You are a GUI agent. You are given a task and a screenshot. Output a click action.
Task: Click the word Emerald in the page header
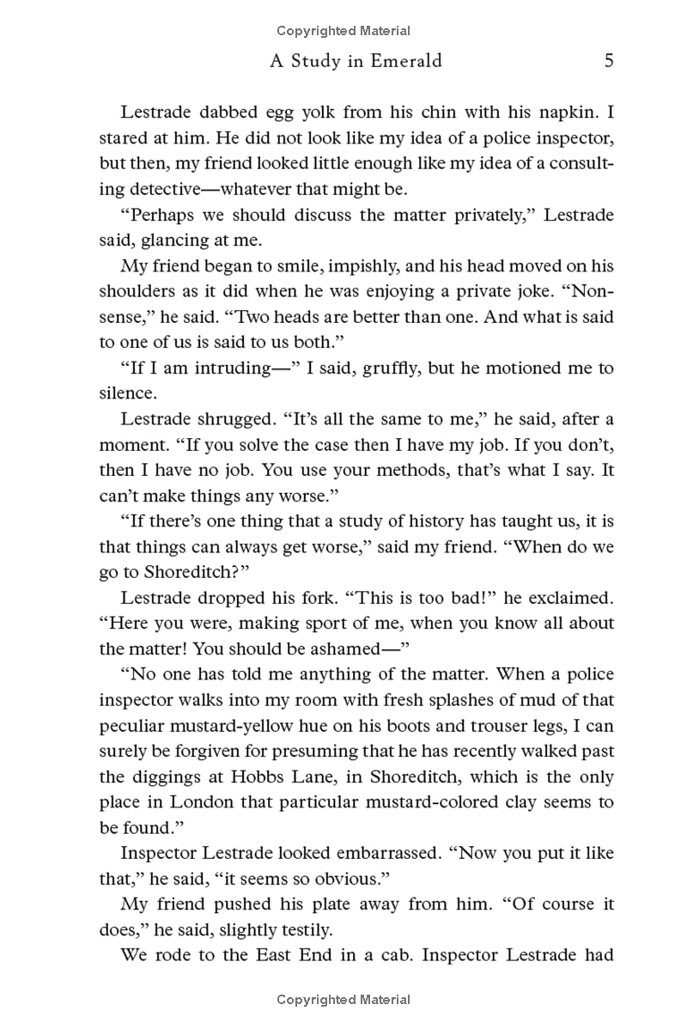[400, 61]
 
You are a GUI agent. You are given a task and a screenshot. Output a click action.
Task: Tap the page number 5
[608, 61]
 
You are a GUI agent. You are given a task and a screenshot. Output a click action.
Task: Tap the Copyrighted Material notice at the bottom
[343, 1000]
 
